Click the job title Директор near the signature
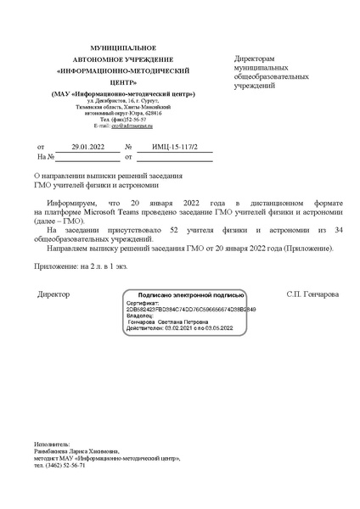coord(54,294)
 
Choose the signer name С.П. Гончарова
coord(312,294)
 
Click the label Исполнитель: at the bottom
coord(53,444)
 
